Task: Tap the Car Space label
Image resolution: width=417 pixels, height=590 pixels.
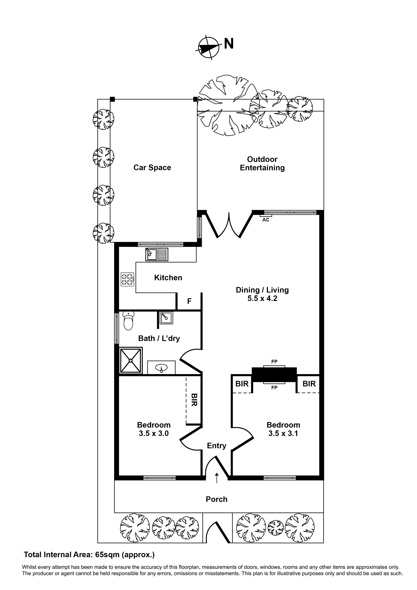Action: tap(152, 167)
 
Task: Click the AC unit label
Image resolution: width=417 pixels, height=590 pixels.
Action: tap(266, 220)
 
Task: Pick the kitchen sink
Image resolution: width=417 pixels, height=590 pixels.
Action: tap(157, 254)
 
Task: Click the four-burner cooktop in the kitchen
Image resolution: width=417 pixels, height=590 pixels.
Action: tap(127, 279)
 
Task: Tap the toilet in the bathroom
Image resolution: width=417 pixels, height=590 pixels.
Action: tap(128, 321)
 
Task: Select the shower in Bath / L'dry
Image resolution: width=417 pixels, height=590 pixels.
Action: tap(131, 360)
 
